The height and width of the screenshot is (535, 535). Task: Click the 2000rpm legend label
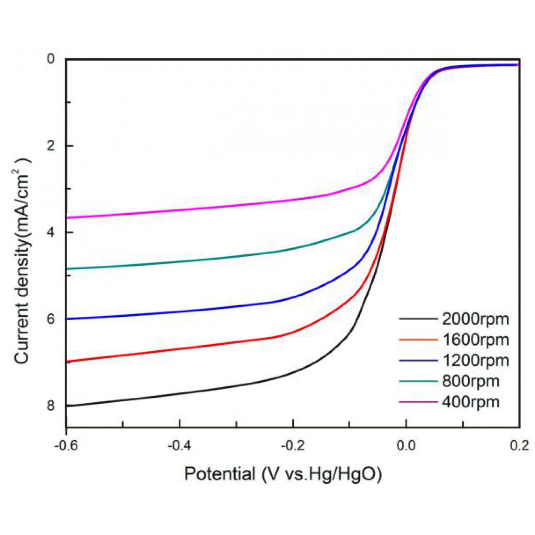(475, 319)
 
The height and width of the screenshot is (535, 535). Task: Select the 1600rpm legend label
(475, 340)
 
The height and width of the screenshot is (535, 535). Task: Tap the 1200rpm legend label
(475, 361)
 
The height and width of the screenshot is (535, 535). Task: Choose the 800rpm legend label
(471, 381)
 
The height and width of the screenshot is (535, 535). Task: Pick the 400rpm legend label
(471, 402)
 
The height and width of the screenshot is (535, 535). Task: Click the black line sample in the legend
(418, 319)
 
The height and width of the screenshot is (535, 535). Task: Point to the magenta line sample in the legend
(418, 402)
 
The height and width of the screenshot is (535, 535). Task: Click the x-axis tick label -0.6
(66, 445)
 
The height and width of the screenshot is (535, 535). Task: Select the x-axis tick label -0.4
(179, 445)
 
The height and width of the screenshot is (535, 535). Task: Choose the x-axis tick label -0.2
(293, 445)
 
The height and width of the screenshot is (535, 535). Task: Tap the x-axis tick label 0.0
(406, 445)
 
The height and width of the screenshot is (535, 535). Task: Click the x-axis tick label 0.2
(519, 445)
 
